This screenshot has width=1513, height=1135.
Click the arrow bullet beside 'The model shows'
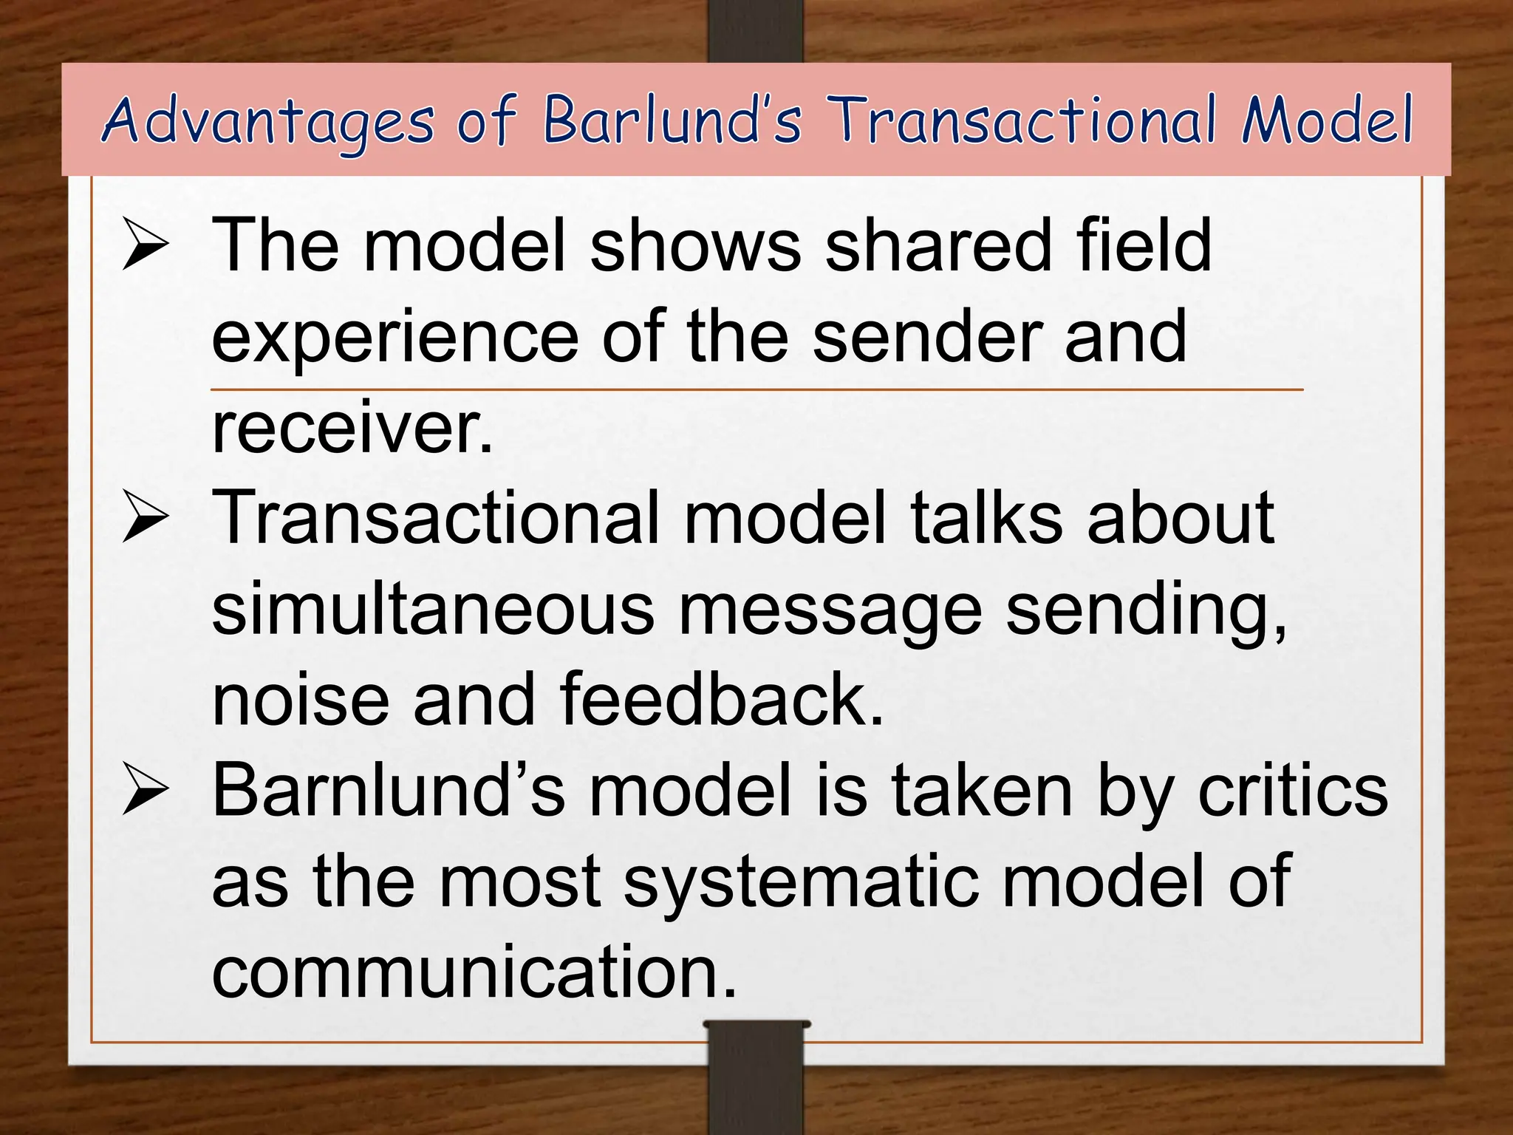coord(146,245)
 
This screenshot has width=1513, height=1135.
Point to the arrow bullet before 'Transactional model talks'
coord(146,518)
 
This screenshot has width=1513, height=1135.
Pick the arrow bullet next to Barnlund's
coord(146,791)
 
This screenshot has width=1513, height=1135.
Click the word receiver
coord(352,428)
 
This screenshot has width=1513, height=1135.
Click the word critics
coord(1293,791)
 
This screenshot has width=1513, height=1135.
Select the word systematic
coord(801,883)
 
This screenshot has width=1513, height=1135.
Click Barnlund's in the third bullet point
coord(389,791)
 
